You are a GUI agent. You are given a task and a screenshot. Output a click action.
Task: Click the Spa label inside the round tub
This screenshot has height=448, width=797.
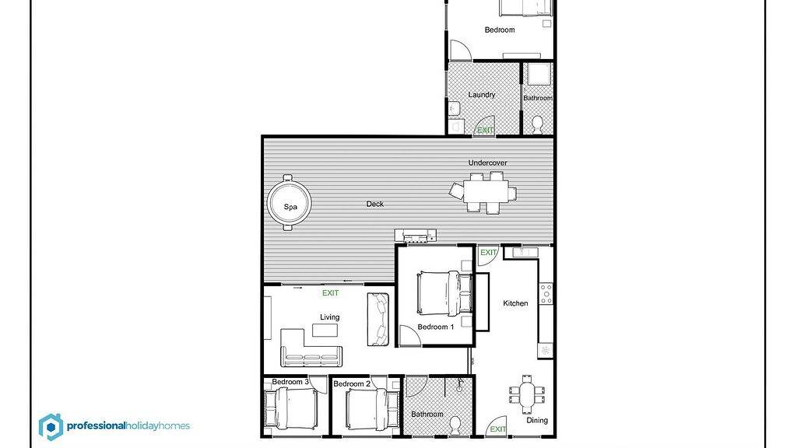click(x=290, y=207)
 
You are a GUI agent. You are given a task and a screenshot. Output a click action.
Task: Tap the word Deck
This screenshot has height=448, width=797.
click(x=375, y=204)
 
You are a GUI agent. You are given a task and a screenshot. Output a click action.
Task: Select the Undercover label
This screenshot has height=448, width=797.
click(x=487, y=163)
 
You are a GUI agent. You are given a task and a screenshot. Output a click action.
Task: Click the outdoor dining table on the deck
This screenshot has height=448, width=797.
click(x=486, y=193)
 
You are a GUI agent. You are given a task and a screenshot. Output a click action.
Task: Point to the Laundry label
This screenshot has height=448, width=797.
click(x=481, y=95)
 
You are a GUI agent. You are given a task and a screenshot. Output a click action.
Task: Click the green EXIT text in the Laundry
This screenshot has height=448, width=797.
click(x=486, y=130)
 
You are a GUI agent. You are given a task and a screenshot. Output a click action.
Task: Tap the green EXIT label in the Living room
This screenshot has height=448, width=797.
click(x=330, y=292)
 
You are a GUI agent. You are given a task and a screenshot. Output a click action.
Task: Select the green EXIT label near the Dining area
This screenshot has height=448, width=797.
click(x=498, y=429)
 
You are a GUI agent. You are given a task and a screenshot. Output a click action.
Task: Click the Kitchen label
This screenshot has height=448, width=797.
click(x=515, y=303)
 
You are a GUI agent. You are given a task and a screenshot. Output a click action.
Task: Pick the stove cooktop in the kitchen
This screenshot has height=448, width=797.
click(x=546, y=294)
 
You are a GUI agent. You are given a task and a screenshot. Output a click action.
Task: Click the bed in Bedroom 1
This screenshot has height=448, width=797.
click(x=444, y=293)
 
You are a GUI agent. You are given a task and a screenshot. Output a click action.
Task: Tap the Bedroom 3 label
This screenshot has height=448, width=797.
click(x=290, y=382)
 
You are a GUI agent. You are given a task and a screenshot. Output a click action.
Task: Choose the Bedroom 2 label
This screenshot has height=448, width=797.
click(x=352, y=383)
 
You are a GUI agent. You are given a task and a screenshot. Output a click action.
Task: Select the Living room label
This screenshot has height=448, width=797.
click(x=329, y=317)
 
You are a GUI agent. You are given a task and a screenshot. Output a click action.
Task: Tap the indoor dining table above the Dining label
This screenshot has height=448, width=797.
click(x=528, y=394)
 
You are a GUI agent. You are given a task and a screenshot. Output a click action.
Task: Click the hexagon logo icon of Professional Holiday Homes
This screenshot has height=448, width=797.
click(x=51, y=427)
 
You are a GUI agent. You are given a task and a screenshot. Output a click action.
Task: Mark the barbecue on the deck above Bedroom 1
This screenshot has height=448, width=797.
click(x=416, y=235)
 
